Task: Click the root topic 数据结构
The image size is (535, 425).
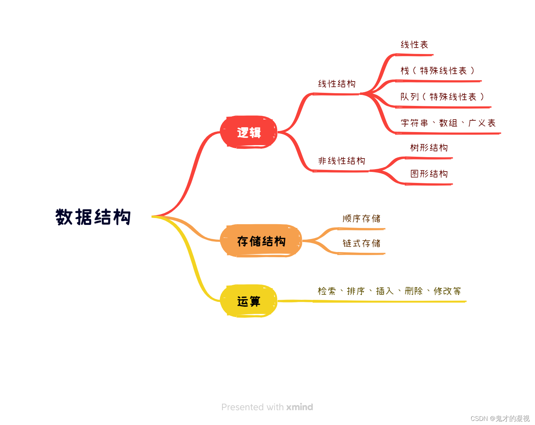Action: coord(93,217)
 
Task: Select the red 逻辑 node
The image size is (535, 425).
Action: coord(249,132)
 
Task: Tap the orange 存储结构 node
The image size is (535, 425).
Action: coord(261,241)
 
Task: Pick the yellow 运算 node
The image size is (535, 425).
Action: coord(249,301)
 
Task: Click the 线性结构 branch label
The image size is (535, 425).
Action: coord(336,84)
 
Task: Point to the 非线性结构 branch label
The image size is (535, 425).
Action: coord(341,161)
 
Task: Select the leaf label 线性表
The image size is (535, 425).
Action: coord(414,45)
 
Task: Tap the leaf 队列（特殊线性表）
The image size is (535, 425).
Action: coord(442,97)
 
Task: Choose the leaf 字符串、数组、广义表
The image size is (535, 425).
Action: coord(448,123)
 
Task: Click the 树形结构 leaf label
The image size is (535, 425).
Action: coord(429,148)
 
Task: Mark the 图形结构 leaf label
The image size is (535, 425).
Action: coord(429,174)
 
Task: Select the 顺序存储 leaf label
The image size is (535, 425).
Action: coord(361,219)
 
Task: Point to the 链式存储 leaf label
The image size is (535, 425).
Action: coord(361,243)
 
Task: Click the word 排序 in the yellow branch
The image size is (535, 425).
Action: coord(356,291)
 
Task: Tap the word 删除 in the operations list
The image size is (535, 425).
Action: coord(413,291)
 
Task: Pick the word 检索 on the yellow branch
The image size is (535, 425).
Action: coord(327,291)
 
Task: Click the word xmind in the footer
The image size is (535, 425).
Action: coord(300,407)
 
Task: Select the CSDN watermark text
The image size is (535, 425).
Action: coord(500,418)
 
